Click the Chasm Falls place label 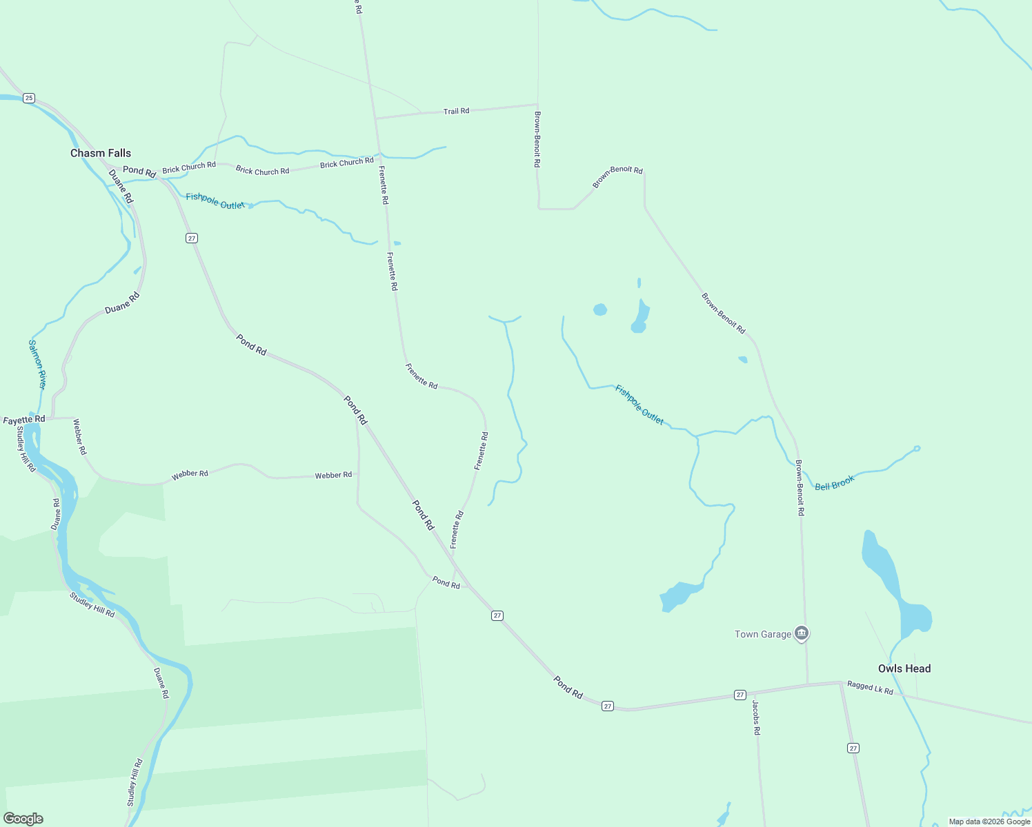tap(101, 153)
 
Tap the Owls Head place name tap(904, 668)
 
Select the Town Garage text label tap(763, 634)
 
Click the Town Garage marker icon tap(801, 633)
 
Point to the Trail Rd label tap(456, 111)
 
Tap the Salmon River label tap(37, 364)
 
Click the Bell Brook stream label tap(835, 483)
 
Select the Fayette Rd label tap(24, 420)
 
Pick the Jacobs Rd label tap(756, 717)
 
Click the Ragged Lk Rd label tap(870, 687)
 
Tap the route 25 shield tap(28, 98)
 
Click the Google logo tap(23, 819)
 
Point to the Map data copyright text tap(989, 821)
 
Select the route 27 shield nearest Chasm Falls tap(192, 238)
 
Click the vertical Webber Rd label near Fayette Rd tap(80, 436)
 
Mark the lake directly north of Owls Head tap(894, 586)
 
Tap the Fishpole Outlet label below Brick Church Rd tap(215, 201)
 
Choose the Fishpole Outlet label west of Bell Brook tap(639, 405)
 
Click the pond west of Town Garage tap(680, 595)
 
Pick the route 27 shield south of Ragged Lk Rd tap(853, 748)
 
